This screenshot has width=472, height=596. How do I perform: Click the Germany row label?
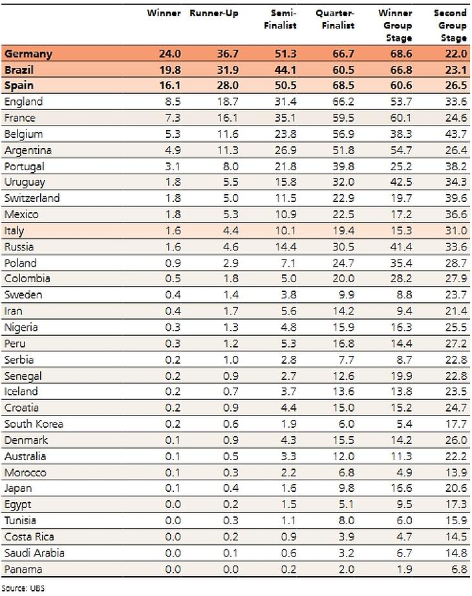click(x=28, y=54)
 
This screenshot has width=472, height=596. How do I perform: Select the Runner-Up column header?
click(x=213, y=14)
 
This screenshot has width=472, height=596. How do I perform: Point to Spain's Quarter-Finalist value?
click(x=343, y=86)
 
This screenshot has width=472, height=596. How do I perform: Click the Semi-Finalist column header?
click(x=283, y=19)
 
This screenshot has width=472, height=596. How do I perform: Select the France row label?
click(x=19, y=118)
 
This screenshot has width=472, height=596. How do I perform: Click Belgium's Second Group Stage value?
click(x=455, y=134)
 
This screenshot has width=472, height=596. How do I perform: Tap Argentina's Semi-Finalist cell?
click(x=286, y=150)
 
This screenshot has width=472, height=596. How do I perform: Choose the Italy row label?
click(x=15, y=230)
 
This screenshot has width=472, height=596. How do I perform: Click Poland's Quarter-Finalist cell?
click(x=343, y=263)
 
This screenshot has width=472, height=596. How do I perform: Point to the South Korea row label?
click(x=33, y=424)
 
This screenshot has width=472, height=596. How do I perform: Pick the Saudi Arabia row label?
click(x=34, y=553)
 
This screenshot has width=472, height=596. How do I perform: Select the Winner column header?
click(x=164, y=14)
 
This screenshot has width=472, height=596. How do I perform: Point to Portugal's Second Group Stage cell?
click(x=455, y=166)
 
